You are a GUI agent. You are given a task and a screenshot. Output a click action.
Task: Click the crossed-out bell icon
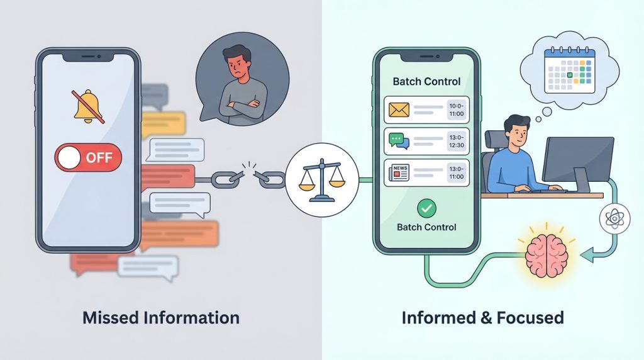click(x=87, y=106)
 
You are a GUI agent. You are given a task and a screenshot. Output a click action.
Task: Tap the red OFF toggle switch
click(x=89, y=157)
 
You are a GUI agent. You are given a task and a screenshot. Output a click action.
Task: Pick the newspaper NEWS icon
click(x=399, y=172)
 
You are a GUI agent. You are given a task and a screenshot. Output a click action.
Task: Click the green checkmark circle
click(x=426, y=207)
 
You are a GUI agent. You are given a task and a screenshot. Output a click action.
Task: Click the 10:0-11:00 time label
click(x=456, y=110)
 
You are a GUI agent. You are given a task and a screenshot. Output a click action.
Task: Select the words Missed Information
click(x=161, y=317)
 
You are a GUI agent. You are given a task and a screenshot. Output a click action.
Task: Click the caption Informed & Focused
click(x=483, y=317)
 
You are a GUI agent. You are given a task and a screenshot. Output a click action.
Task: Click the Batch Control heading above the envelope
click(x=426, y=81)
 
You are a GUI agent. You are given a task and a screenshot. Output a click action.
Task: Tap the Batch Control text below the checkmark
click(x=426, y=227)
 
